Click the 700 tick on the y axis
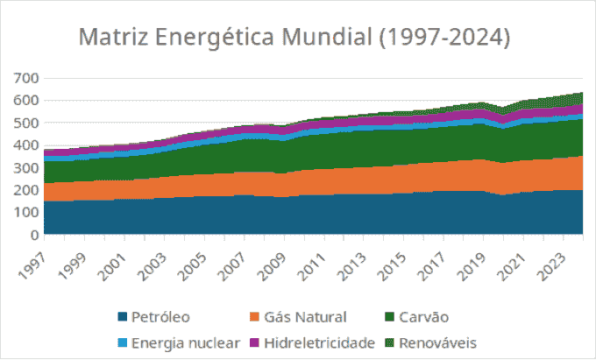[x=27, y=78]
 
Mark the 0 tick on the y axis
[x=35, y=235]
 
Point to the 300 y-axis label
[x=27, y=167]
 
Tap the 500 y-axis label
[x=27, y=123]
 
